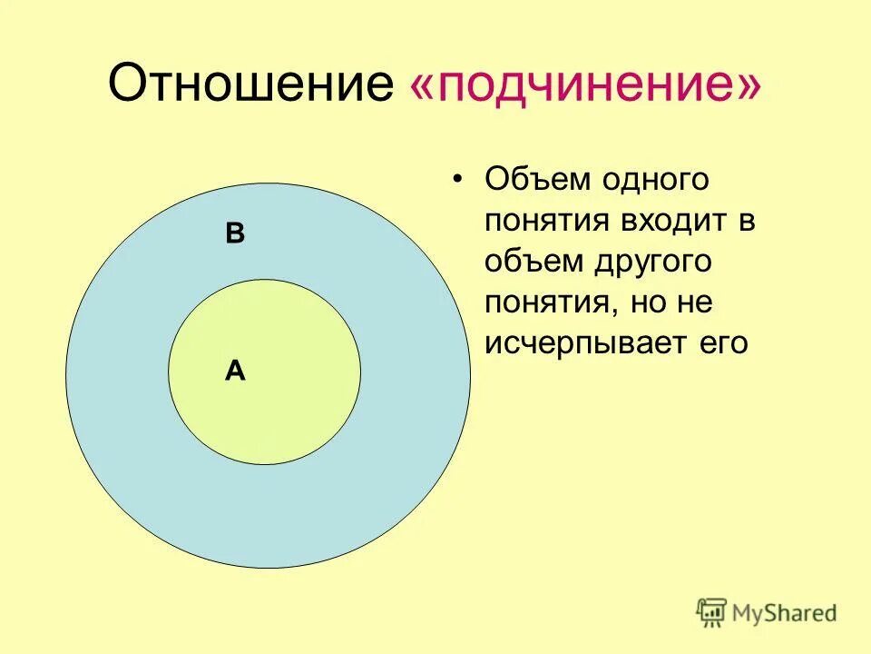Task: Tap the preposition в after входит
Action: [x=746, y=222]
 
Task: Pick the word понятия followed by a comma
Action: [x=548, y=303]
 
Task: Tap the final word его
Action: [x=723, y=344]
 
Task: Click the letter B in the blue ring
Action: [x=235, y=234]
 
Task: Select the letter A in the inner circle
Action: [x=235, y=371]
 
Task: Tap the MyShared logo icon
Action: [x=711, y=613]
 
